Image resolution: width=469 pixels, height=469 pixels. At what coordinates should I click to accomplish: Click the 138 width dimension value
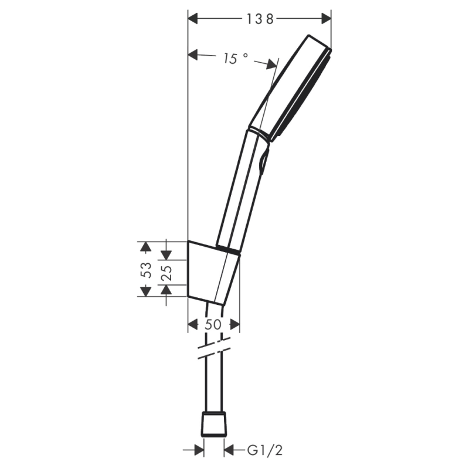click(x=259, y=19)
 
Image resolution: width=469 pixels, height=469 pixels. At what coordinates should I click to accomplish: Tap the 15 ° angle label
click(x=235, y=58)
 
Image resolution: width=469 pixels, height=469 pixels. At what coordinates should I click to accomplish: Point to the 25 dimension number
click(x=166, y=272)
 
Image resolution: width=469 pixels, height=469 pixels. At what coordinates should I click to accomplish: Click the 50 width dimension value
click(x=213, y=324)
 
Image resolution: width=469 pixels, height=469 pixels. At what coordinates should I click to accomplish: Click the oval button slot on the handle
click(x=262, y=160)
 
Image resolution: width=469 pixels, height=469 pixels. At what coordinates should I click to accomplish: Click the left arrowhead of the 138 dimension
click(x=193, y=19)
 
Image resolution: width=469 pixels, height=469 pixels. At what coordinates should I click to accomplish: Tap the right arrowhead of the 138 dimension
click(x=326, y=19)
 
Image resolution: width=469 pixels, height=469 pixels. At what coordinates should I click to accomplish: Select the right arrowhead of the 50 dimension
click(x=235, y=324)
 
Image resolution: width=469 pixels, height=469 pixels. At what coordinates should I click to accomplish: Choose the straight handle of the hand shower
click(x=237, y=188)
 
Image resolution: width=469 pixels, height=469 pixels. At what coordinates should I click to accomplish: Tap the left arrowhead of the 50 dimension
click(x=193, y=324)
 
